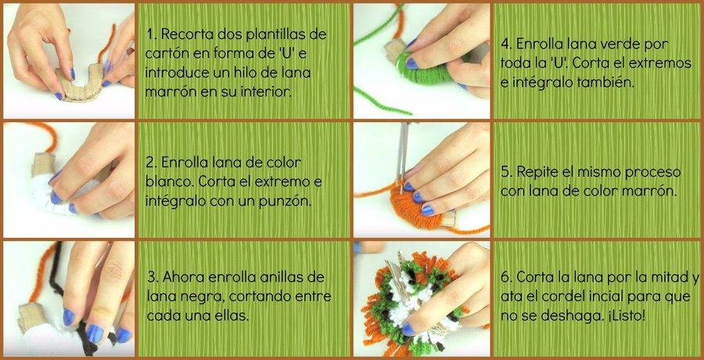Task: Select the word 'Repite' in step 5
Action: [539, 172]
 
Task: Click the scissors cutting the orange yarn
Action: [402, 156]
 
